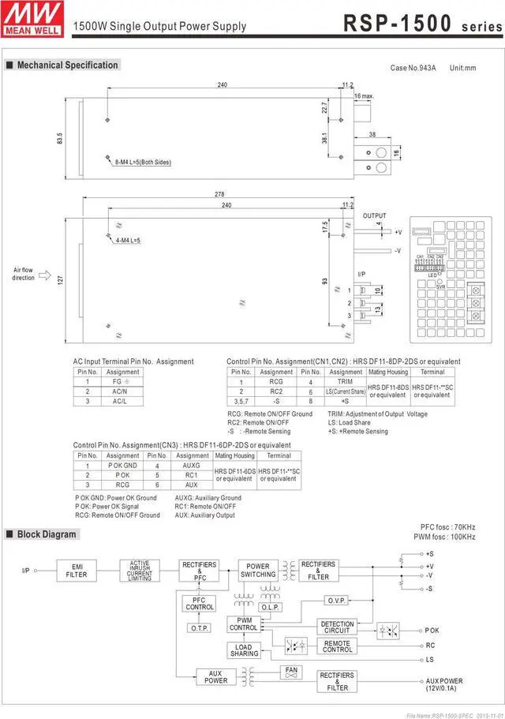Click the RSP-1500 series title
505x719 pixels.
click(x=421, y=23)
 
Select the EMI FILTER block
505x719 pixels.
click(x=77, y=571)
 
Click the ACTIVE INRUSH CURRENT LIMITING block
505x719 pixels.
click(x=140, y=571)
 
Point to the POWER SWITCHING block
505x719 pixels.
click(x=258, y=571)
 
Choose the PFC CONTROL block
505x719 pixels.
click(x=199, y=604)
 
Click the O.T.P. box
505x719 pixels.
click(x=199, y=627)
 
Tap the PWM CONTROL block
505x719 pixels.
click(x=244, y=624)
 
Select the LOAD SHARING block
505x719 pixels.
click(x=244, y=650)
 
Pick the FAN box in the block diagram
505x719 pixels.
click(x=291, y=672)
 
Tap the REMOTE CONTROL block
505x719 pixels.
click(x=337, y=646)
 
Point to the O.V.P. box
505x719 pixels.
click(x=337, y=601)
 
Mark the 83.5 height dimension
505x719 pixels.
click(x=60, y=139)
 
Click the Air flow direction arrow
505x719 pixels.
click(x=44, y=276)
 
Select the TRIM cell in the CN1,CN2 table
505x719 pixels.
click(x=346, y=381)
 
